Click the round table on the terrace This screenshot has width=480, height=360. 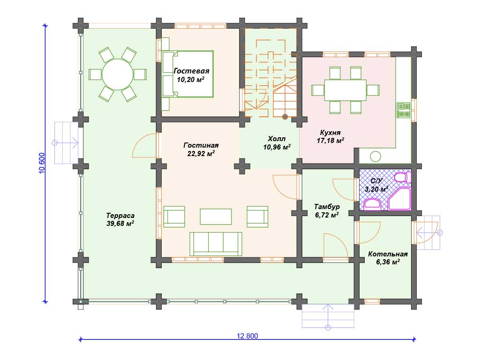coord(118,75)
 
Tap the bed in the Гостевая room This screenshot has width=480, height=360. coord(187,74)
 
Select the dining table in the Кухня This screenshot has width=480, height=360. coord(345,90)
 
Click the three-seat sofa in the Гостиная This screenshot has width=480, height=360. coord(216,244)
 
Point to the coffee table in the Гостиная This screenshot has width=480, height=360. coord(216,217)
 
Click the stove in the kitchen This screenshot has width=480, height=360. coord(404,110)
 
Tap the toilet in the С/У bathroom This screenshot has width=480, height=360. coord(402,177)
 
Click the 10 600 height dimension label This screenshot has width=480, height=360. coord(42,163)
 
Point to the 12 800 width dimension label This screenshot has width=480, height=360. coord(247,336)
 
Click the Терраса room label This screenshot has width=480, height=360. coord(120,216)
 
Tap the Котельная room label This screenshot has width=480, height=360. coord(388,254)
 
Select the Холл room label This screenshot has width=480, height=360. coord(277,139)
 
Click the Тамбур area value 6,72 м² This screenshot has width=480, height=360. coord(327,215)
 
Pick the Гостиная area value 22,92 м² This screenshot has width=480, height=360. coord(201,153)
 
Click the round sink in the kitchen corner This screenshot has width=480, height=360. coord(375,157)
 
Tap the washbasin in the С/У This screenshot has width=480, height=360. coord(372,204)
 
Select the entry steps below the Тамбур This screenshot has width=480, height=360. coord(328,316)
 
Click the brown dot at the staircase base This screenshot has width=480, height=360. coord(285,117)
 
